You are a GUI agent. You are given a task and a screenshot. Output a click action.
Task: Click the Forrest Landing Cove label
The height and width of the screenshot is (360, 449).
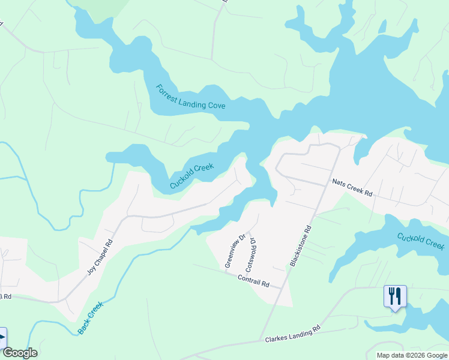pos(190,97)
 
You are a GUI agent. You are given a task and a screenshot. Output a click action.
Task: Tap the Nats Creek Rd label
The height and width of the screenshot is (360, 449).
pos(353,187)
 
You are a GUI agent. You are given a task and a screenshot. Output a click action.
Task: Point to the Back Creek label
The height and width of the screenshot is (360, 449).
pos(91,317)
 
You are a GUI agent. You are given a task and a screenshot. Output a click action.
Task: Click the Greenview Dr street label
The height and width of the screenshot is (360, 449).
pos(235,251)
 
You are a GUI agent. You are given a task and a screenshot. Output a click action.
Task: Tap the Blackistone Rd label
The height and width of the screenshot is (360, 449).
pos(301,246)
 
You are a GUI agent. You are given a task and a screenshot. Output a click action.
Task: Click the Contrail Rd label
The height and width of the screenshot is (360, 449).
pos(253,281)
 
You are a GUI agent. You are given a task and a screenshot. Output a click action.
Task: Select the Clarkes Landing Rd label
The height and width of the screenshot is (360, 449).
pos(293,334)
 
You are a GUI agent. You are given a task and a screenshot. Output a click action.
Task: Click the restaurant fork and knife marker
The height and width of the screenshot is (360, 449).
pos(395,296)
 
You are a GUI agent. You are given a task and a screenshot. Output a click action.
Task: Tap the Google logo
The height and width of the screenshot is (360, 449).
pos(20,352)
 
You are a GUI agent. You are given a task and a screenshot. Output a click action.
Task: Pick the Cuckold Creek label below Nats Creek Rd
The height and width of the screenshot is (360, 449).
pos(421,241)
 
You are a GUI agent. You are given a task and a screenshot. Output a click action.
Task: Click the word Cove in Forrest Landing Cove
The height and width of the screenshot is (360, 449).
pos(217,105)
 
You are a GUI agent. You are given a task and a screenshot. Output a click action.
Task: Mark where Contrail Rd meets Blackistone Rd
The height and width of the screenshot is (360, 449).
pos(282,288)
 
